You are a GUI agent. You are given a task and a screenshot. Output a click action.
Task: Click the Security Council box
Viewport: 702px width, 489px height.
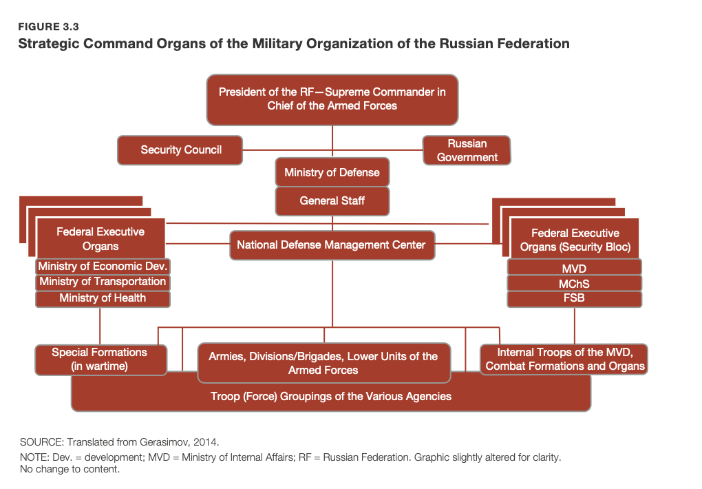coord(180,150)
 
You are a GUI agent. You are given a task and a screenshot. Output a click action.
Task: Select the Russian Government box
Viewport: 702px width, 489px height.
coord(467,150)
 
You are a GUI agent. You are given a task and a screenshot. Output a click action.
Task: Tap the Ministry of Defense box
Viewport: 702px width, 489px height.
coord(332,172)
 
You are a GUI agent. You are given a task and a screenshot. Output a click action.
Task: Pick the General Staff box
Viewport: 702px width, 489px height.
coord(332,201)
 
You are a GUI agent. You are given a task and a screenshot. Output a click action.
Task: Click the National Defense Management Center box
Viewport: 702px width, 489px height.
coord(332,245)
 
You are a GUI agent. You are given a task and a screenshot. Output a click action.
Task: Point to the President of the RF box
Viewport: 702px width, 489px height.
coord(332,99)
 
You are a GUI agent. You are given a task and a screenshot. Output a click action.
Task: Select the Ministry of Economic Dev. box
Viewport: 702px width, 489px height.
coord(103,267)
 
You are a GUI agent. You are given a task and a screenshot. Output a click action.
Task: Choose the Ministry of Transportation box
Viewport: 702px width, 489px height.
coord(103,282)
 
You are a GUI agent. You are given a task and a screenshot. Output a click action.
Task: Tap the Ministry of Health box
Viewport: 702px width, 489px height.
coord(103,298)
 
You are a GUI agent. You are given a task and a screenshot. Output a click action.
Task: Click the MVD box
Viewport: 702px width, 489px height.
coord(575,268)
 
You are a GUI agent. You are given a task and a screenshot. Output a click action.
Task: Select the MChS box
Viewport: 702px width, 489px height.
coord(575,283)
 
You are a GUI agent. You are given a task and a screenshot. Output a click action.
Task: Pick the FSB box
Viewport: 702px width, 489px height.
coord(575,299)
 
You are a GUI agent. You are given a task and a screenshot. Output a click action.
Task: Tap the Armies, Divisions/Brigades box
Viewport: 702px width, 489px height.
coord(323,363)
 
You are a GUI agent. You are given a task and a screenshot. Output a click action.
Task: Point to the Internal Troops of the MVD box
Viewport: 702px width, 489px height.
coord(564,360)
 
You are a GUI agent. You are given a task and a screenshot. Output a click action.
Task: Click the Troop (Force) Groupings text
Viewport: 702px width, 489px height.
coord(331,396)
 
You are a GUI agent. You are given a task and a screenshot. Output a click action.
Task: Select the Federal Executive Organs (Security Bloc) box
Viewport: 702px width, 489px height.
coord(575,239)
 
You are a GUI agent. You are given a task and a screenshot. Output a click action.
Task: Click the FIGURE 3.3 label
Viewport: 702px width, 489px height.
coord(48,27)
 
